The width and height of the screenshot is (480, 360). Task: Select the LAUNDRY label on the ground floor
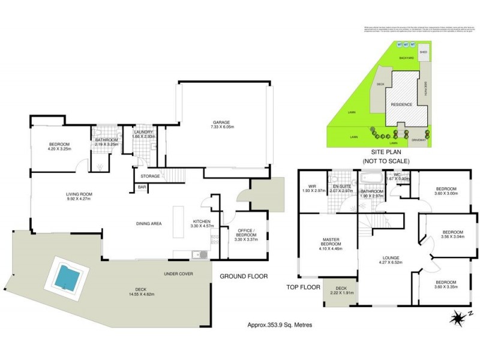point(144,132)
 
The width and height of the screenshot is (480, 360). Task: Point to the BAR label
point(142,188)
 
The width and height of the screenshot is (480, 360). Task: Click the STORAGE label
point(150,176)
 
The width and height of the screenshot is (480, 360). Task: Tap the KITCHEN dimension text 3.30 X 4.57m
point(202,226)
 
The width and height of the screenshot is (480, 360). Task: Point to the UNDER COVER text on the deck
point(178,274)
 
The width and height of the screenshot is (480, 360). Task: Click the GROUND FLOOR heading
point(244,276)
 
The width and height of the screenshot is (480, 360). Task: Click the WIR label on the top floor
point(312,186)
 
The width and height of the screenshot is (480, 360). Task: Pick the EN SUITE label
point(343,186)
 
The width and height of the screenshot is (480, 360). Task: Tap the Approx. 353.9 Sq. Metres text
point(280,325)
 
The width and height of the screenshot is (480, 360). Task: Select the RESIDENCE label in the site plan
point(401,104)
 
